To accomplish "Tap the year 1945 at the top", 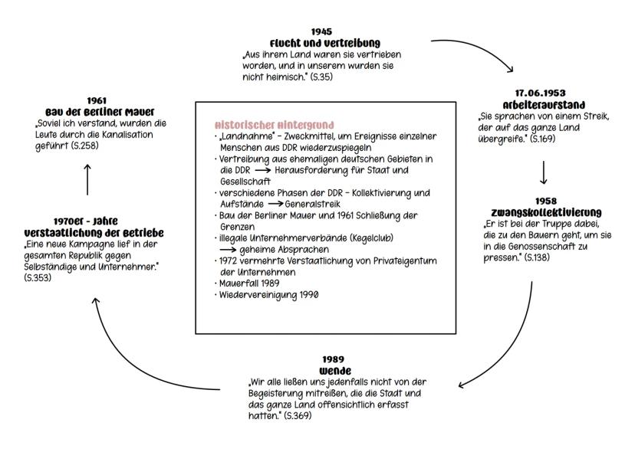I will [x=321, y=31].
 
